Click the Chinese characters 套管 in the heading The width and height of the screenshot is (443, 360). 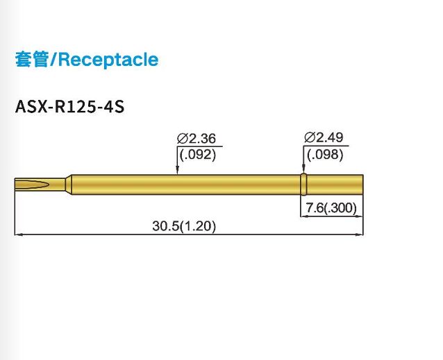coord(31,60)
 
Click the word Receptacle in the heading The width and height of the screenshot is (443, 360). coord(108,60)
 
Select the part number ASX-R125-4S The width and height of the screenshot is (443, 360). coord(69,109)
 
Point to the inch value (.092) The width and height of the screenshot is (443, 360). coord(197,155)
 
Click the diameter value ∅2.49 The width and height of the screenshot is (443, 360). coord(324,137)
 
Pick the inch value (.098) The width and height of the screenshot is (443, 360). coord(324,155)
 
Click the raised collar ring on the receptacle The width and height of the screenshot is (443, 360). coord(303,184)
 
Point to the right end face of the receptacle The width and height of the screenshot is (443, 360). coord(363,184)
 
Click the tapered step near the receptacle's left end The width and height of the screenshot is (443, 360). coord(69,184)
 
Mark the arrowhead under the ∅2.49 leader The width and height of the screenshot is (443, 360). coord(303,171)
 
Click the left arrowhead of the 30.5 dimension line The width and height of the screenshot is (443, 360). coord(17,235)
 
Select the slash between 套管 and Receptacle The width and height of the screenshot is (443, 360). coord(53,60)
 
